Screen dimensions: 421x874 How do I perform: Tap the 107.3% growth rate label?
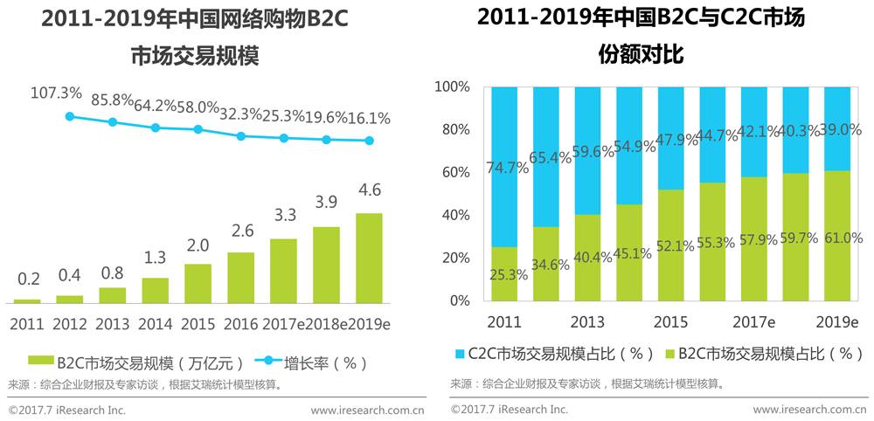click(x=56, y=92)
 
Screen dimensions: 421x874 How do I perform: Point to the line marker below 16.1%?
click(x=369, y=141)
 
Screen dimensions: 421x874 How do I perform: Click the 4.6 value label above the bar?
click(x=369, y=191)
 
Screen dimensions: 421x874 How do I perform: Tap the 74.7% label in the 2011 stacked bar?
click(x=508, y=169)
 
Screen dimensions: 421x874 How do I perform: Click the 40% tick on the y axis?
click(x=455, y=216)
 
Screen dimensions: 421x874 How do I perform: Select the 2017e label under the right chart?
click(x=752, y=321)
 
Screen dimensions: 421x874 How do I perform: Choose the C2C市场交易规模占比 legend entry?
click(x=555, y=354)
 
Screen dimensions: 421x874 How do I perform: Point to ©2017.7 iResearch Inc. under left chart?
click(x=67, y=409)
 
